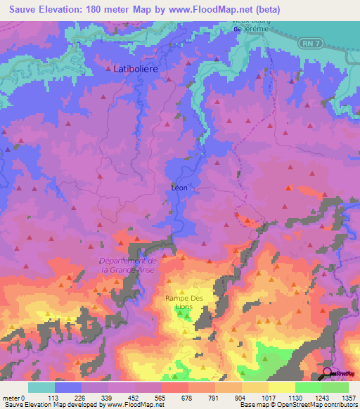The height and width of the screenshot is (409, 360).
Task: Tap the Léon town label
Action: [179, 188]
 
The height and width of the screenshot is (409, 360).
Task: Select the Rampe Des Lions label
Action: [184, 301]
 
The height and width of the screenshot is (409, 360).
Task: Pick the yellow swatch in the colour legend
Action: [282, 387]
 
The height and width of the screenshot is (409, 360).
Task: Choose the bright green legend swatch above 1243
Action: [309, 387]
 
